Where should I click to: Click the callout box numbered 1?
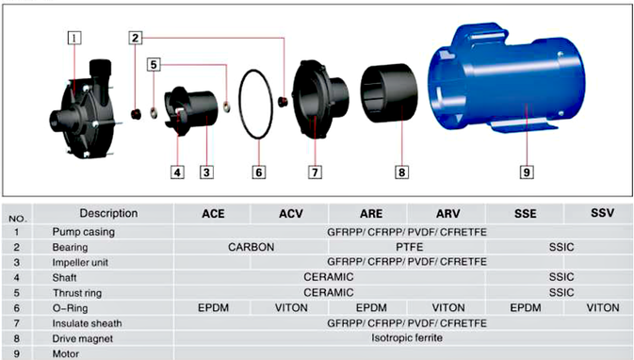tap(74, 38)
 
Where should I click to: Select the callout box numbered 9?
tap(527, 172)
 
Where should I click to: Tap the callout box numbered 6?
tap(259, 172)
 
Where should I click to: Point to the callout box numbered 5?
tap(154, 64)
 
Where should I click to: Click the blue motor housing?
tap(506, 79)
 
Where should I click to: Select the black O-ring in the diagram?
tap(239, 106)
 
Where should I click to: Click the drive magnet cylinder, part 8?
tap(389, 92)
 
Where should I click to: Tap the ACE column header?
tap(213, 214)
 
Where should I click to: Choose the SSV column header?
tap(602, 213)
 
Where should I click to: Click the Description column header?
tap(108, 213)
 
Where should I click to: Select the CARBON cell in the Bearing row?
tap(252, 247)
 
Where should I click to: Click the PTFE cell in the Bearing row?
tap(409, 247)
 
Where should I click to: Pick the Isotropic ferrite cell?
tap(407, 337)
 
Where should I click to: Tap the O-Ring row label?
tap(70, 308)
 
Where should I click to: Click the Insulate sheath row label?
tap(87, 323)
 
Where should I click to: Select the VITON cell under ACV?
tap(291, 308)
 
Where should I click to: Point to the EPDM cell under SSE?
tap(526, 308)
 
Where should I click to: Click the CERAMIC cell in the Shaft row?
tap(329, 277)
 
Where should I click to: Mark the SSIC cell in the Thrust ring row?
tap(561, 292)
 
